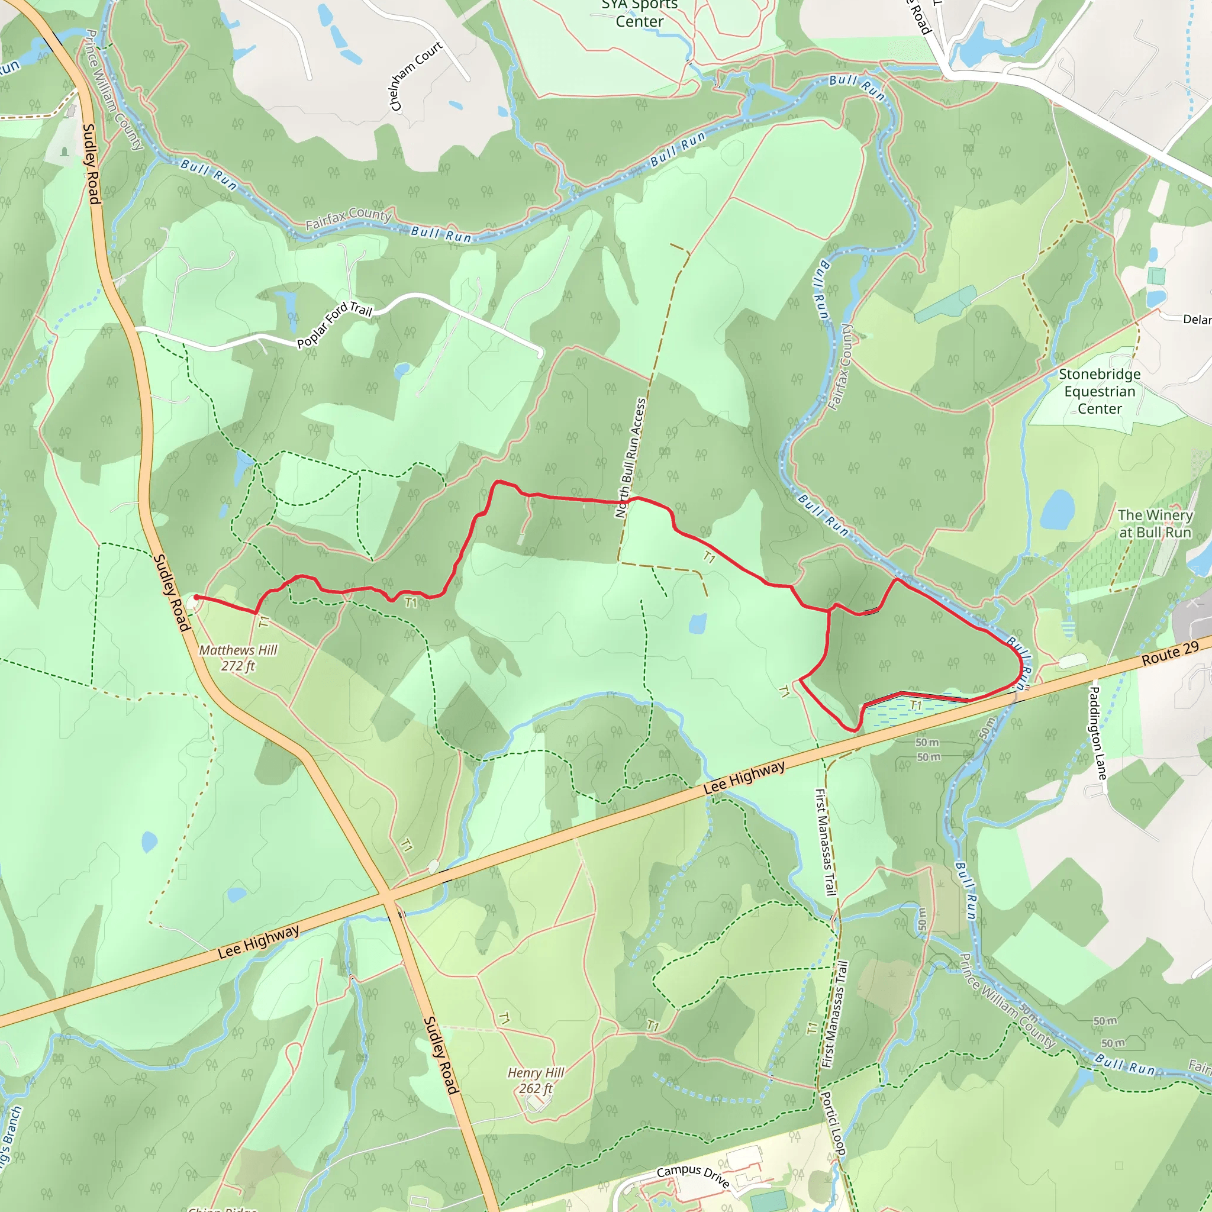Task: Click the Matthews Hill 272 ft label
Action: (x=238, y=657)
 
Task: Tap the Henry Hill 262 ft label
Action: (x=536, y=1080)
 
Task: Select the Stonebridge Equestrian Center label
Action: (x=1100, y=391)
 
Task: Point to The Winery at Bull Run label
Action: (x=1155, y=524)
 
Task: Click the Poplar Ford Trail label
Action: (x=334, y=324)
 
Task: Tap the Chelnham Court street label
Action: (x=415, y=76)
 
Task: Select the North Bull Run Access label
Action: (x=630, y=458)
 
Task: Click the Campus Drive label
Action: (x=693, y=1176)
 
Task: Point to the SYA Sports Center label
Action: (x=639, y=14)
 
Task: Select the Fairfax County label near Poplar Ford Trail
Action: (x=348, y=218)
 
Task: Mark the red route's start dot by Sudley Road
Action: (x=196, y=597)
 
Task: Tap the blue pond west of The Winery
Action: (x=1058, y=510)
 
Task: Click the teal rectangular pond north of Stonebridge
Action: (x=944, y=304)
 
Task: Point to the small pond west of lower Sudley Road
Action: (x=149, y=842)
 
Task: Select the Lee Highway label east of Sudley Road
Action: (x=744, y=778)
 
